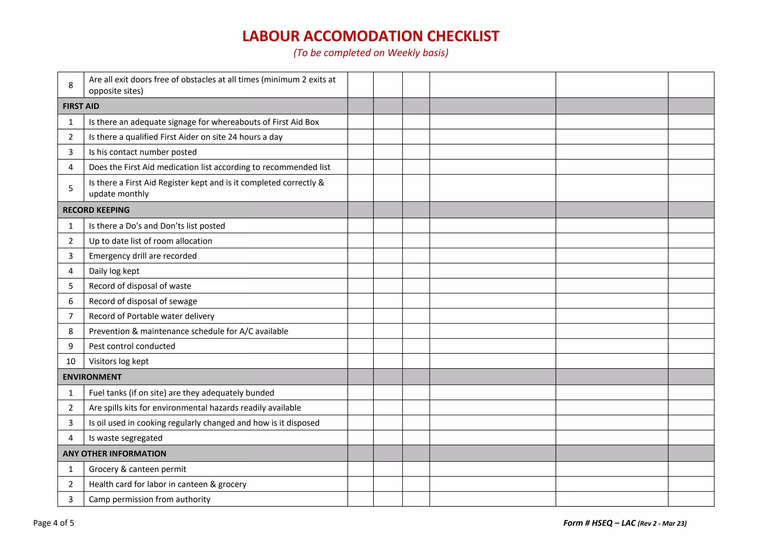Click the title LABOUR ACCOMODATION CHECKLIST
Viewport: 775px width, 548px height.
pyautogui.click(x=370, y=36)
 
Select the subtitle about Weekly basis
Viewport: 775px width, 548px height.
pyautogui.click(x=370, y=53)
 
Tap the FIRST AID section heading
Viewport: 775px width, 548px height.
pyautogui.click(x=81, y=106)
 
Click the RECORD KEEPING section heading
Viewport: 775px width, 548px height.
pyautogui.click(x=96, y=210)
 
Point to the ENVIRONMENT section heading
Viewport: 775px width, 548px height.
pyautogui.click(x=92, y=377)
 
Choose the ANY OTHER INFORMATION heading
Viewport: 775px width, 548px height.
pyautogui.click(x=114, y=454)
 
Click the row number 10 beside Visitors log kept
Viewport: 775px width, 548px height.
pyautogui.click(x=71, y=361)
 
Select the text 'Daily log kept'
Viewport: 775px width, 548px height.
pyautogui.click(x=114, y=271)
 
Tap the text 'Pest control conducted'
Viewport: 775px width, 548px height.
pyautogui.click(x=132, y=346)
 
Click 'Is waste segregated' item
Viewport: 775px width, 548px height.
pyautogui.click(x=126, y=438)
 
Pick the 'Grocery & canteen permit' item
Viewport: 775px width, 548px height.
pyautogui.click(x=137, y=469)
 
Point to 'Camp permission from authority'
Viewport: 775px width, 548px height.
pyautogui.click(x=149, y=500)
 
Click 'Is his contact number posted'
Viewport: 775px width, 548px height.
pyautogui.click(x=143, y=152)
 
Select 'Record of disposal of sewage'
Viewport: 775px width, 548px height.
pyautogui.click(x=143, y=301)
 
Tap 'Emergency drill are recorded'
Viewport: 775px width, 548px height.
pyautogui.click(x=143, y=256)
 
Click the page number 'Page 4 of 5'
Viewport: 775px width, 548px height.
pyautogui.click(x=54, y=523)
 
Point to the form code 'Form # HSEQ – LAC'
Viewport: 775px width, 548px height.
pyautogui.click(x=599, y=523)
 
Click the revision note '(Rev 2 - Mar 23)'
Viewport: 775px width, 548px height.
pyautogui.click(x=662, y=524)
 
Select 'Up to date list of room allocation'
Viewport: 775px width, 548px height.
pyautogui.click(x=150, y=241)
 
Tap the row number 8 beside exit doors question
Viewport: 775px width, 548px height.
pyautogui.click(x=71, y=86)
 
